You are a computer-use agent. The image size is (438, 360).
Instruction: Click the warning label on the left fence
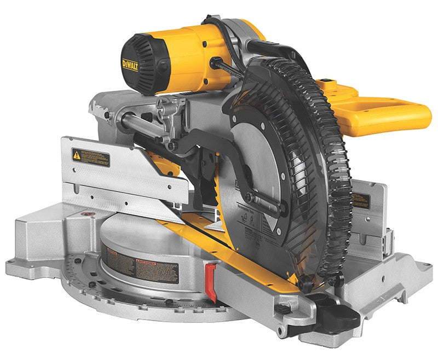click(x=91, y=158)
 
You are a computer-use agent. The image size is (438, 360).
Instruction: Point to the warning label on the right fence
click(x=361, y=200)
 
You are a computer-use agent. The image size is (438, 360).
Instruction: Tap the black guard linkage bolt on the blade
click(x=249, y=198)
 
